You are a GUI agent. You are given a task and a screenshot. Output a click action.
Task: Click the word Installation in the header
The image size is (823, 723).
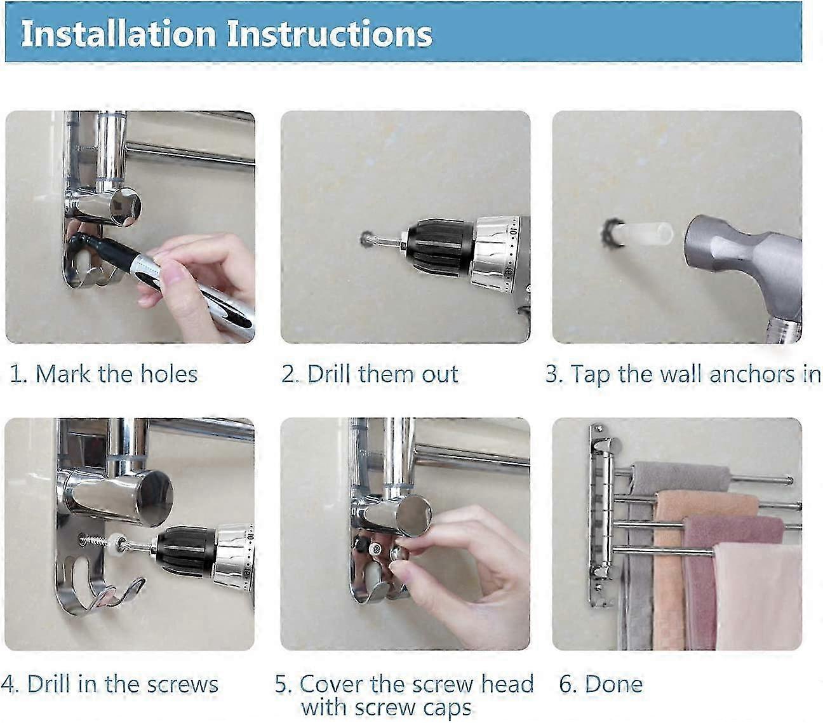[x=118, y=34]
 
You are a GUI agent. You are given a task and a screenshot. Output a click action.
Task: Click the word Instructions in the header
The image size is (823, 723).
[x=330, y=34]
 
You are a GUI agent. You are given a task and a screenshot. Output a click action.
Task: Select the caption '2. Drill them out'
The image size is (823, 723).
[x=370, y=374]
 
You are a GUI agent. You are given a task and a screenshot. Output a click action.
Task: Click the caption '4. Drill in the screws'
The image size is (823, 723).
[x=110, y=684]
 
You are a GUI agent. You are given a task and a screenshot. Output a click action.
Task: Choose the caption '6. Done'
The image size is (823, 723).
[x=601, y=684]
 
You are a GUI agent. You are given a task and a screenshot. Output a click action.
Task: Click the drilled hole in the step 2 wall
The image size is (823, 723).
[x=366, y=238]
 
